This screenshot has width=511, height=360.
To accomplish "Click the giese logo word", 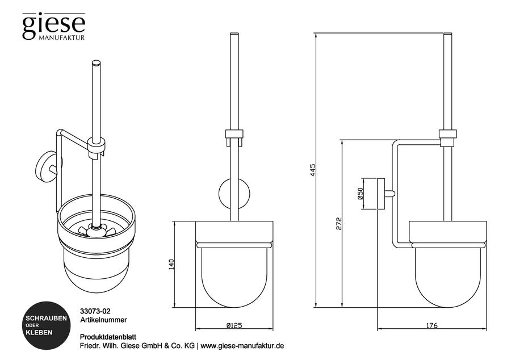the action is coord(54,26).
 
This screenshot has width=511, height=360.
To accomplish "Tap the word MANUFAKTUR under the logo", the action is coord(61,37).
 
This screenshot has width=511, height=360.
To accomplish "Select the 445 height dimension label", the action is coord(312,170).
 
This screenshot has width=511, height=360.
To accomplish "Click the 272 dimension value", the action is coord(340,224).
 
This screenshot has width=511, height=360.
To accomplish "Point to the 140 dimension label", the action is coord(171,264).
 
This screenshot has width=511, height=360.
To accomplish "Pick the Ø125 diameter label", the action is coord(234,325).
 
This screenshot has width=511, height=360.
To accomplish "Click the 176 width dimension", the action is coord(432,325).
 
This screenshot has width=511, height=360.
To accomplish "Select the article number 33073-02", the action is coord(95,312).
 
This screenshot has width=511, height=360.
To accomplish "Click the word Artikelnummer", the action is coord(103,320).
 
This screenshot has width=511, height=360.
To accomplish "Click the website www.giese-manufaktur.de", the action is coord(242,346).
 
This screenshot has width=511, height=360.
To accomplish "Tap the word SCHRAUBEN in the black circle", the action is coord(46,318).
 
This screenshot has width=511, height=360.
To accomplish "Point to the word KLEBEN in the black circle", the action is coord(39,333).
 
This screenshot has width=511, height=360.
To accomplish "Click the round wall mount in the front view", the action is coord(234,194).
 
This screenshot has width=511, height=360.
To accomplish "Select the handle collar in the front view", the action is coord(234,134).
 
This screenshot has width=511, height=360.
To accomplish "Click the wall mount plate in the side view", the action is coord(381,194).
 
